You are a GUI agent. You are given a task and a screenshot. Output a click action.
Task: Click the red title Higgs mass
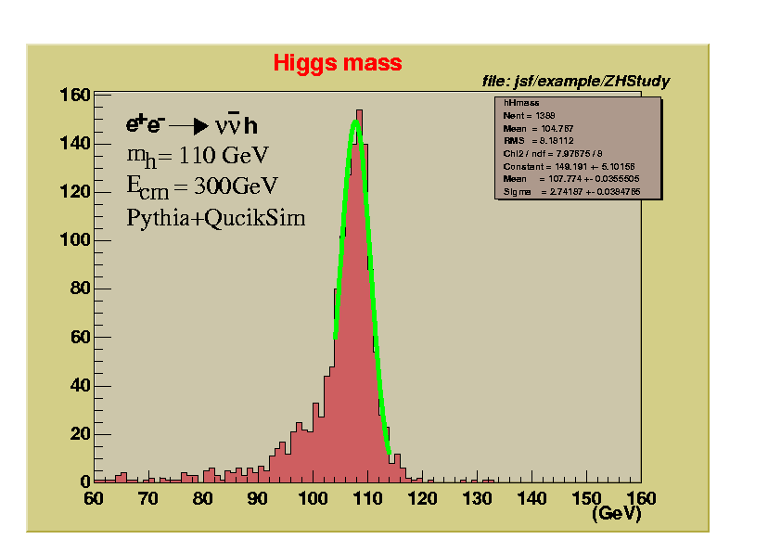[338, 63]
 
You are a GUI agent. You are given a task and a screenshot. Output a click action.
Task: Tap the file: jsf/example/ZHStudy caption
[575, 82]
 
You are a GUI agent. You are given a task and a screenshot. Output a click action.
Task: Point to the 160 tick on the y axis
[74, 95]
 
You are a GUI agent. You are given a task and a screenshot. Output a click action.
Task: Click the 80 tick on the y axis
[78, 289]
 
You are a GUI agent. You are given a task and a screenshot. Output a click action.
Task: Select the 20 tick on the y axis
[78, 433]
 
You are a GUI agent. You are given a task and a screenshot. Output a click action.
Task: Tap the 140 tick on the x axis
[531, 498]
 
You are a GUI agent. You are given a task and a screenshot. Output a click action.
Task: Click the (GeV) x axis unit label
[617, 513]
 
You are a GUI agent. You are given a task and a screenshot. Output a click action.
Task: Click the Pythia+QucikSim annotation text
[216, 218]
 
